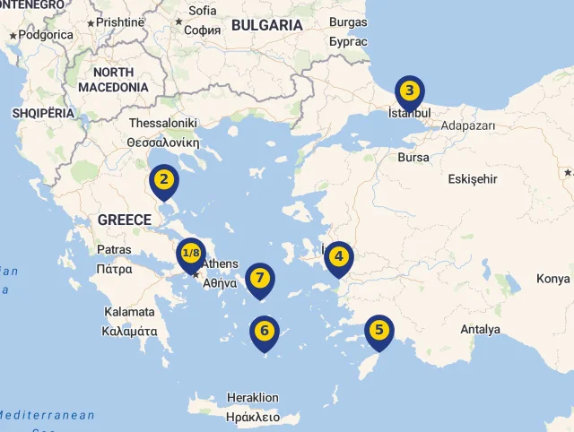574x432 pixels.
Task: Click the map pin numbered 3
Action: point(409,91)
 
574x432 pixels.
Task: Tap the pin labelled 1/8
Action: point(191,254)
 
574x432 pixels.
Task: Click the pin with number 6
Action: point(264,331)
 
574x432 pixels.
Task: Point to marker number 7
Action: point(259,277)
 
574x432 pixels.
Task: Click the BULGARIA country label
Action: point(267,26)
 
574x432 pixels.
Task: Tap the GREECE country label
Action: point(125,220)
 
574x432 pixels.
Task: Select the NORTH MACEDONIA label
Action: point(113,80)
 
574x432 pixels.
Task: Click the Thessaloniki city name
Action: point(163,123)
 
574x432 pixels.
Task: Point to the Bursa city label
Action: point(413,157)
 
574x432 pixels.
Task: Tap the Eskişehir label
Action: point(472,178)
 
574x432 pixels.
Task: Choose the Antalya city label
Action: point(480,329)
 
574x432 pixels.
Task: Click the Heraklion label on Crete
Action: point(253,397)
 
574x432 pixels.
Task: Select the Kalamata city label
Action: point(129,312)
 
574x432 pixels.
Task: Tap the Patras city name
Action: point(114,249)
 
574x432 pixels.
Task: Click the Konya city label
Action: point(553,279)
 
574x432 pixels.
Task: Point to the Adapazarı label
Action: point(468,126)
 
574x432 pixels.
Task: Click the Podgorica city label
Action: point(46,35)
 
